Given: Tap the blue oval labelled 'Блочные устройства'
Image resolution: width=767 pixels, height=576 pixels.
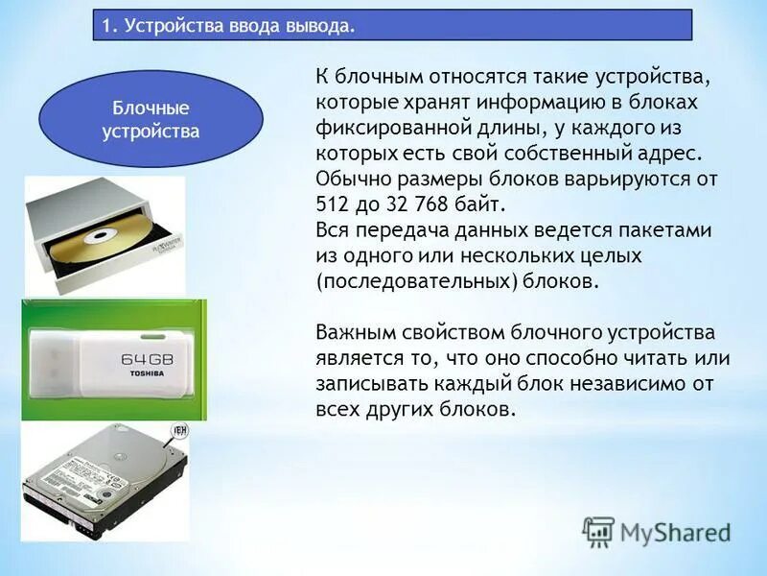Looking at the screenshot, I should click(151, 120).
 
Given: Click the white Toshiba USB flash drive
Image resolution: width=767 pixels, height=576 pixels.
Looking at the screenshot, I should click(114, 359).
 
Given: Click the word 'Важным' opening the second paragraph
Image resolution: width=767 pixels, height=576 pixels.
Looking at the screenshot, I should click(354, 333).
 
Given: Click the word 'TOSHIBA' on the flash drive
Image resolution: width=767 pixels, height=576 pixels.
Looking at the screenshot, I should click(149, 373).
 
